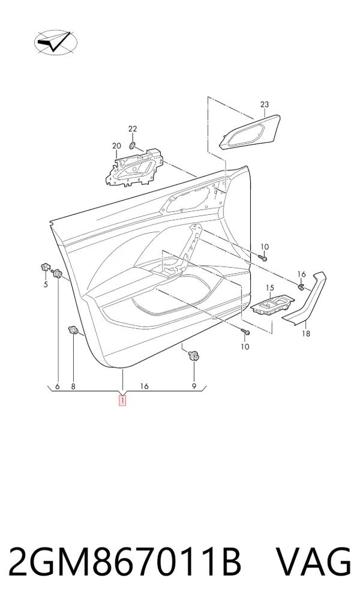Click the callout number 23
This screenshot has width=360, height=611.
pyautogui.click(x=265, y=104)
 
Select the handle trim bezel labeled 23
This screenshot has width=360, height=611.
pyautogui.click(x=250, y=132)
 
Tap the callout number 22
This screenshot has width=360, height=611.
pyautogui.click(x=133, y=129)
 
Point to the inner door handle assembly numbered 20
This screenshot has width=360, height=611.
pyautogui.click(x=134, y=168)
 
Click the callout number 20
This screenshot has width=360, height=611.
pyautogui.click(x=116, y=146)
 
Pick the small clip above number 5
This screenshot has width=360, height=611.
pyautogui.click(x=44, y=267)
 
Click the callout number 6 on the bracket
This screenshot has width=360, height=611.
pyautogui.click(x=58, y=387)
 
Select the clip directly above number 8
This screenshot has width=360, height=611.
pyautogui.click(x=73, y=330)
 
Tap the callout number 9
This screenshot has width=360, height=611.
pyautogui.click(x=194, y=387)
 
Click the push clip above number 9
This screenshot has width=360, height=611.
pyautogui.click(x=193, y=355)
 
